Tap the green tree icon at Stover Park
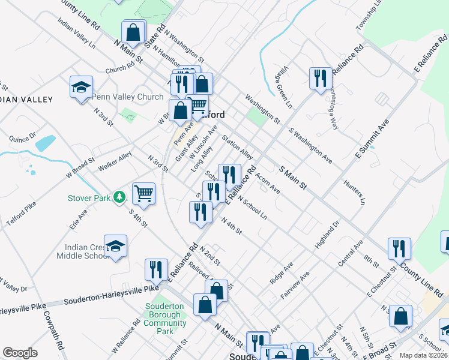[119, 197]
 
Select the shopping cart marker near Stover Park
[143, 193]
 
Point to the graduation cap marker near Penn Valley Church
[81, 87]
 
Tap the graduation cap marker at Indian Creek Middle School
[115, 246]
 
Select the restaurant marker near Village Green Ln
[321, 77]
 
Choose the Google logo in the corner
[20, 353]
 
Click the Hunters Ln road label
[354, 191]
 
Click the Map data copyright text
[423, 355]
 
